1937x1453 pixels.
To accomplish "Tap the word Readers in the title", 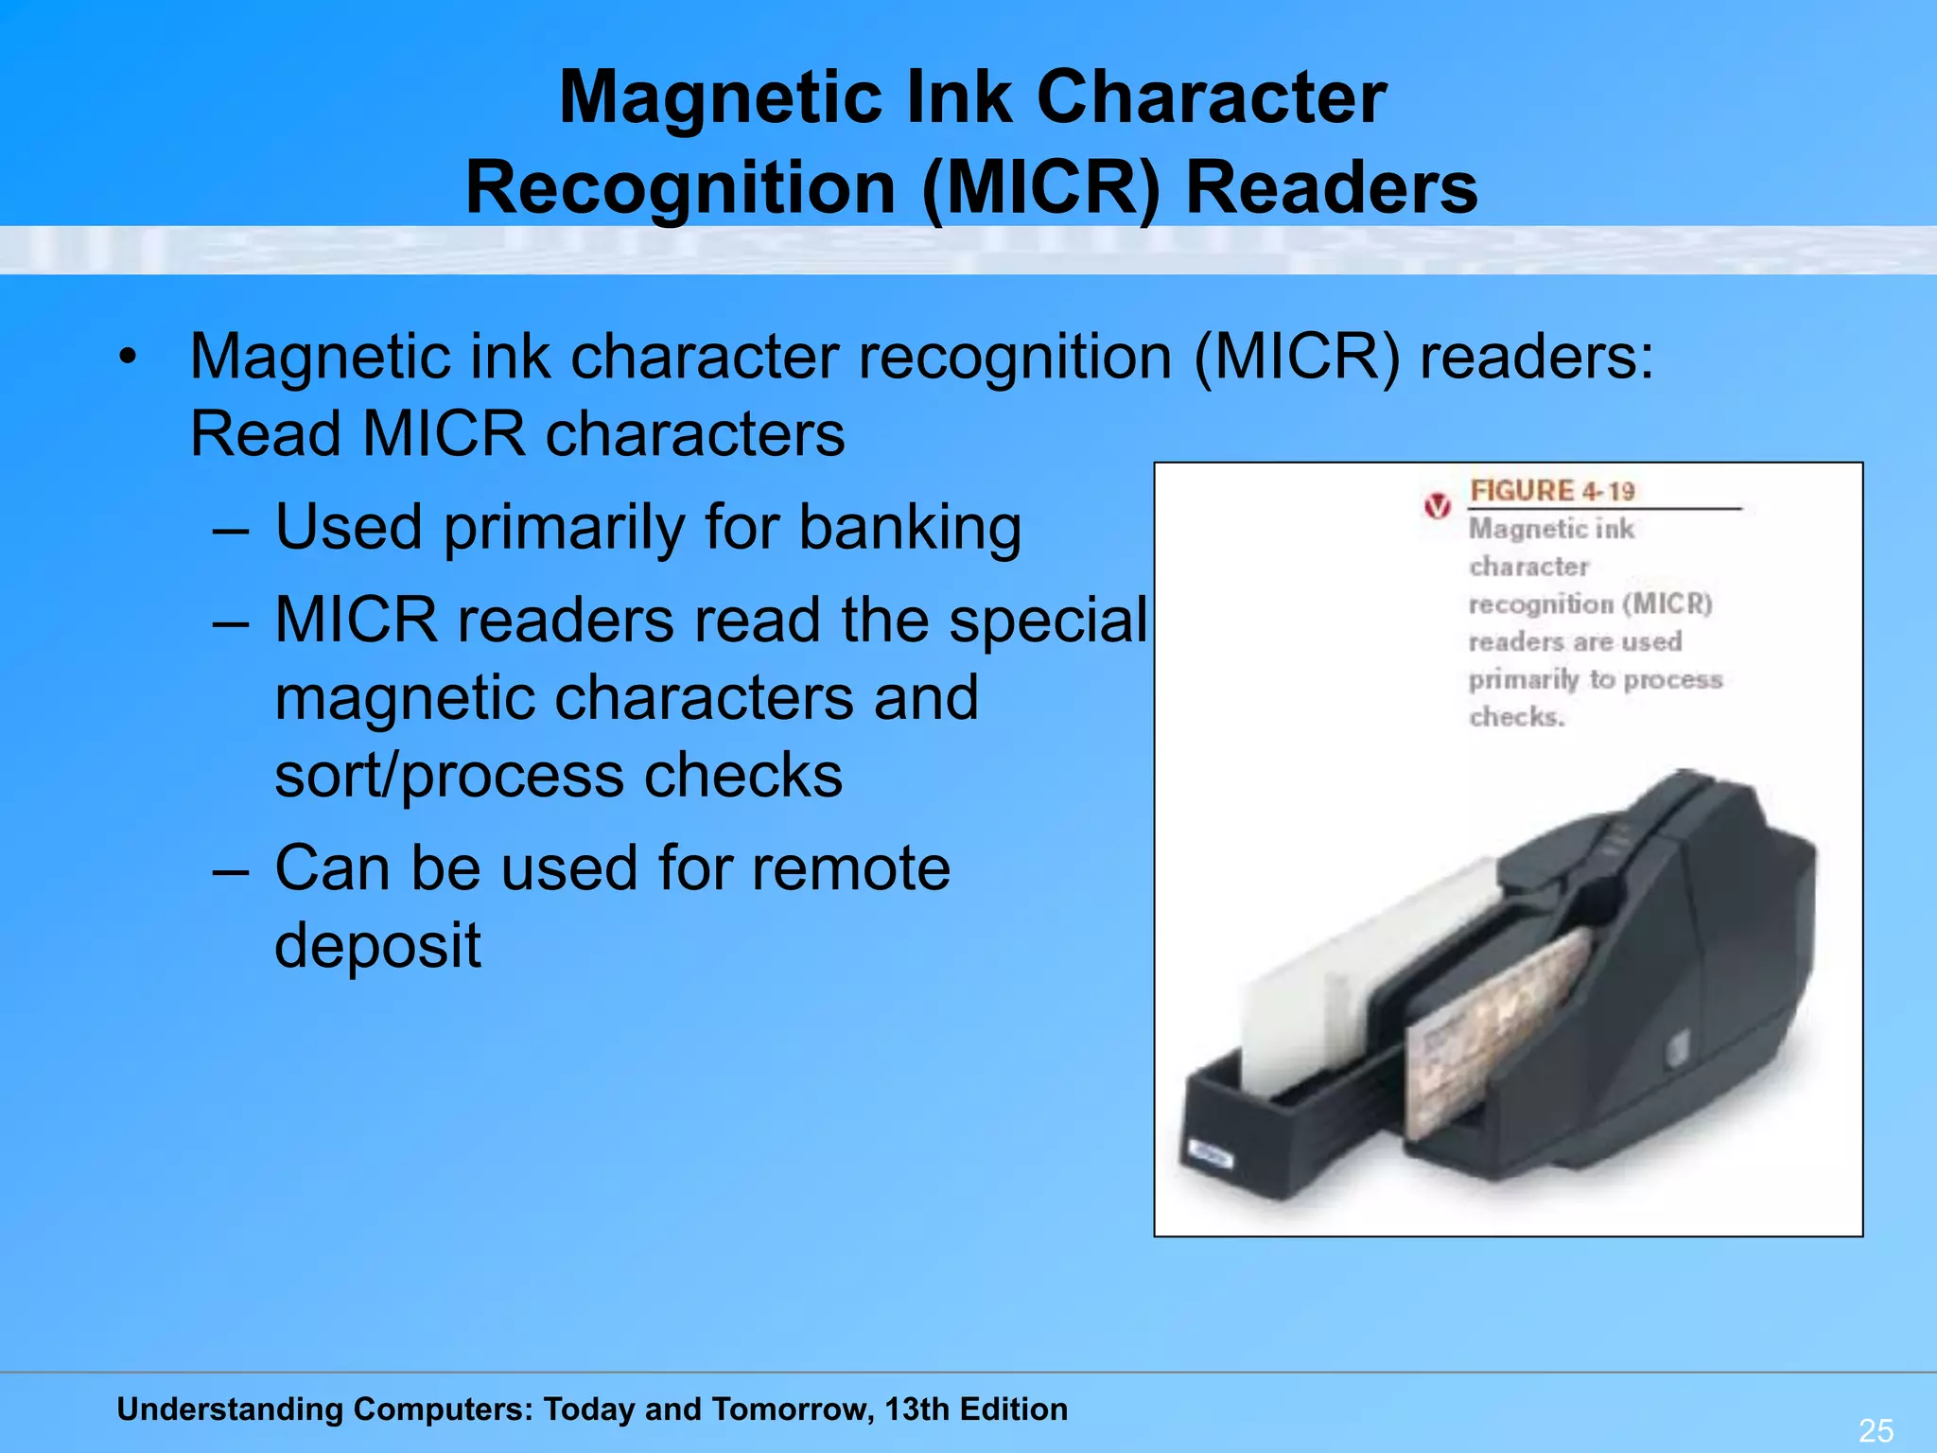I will (1331, 187).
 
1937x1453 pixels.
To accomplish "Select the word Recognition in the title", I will (680, 187).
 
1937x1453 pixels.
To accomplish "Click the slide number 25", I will (1876, 1429).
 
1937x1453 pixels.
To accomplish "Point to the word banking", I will (910, 527).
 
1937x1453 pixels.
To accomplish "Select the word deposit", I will (377, 946).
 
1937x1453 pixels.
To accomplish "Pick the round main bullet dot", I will (128, 358).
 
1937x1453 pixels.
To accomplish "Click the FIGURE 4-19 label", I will (1552, 491).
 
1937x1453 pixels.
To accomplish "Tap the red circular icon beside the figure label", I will (1437, 506).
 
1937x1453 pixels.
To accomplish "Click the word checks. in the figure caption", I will (1516, 717).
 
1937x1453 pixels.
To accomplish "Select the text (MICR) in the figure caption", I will (1667, 604).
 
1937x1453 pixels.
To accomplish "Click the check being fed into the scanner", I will (1494, 1031).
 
